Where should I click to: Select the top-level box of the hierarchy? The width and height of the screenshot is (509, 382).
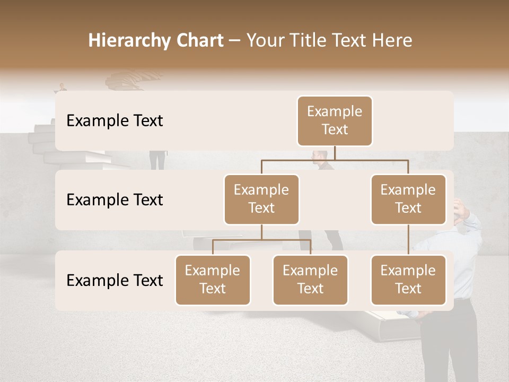335,120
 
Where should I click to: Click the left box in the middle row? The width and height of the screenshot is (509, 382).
261,199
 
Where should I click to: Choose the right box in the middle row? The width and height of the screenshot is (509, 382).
408,199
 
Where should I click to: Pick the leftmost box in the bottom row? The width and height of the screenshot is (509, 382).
213,280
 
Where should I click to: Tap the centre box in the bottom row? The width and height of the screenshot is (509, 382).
310,280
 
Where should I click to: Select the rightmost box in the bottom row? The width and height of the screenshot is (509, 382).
408,280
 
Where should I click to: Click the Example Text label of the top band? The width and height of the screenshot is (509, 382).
115,120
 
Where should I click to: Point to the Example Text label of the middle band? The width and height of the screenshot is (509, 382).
115,199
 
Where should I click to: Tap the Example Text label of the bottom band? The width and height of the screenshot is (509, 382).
115,280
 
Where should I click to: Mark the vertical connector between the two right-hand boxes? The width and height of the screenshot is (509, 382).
408,240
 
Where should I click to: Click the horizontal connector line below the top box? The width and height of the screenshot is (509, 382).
335,159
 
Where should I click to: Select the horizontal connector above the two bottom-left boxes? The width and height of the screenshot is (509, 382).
261,240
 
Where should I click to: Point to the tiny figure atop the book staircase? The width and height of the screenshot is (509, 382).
63,86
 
